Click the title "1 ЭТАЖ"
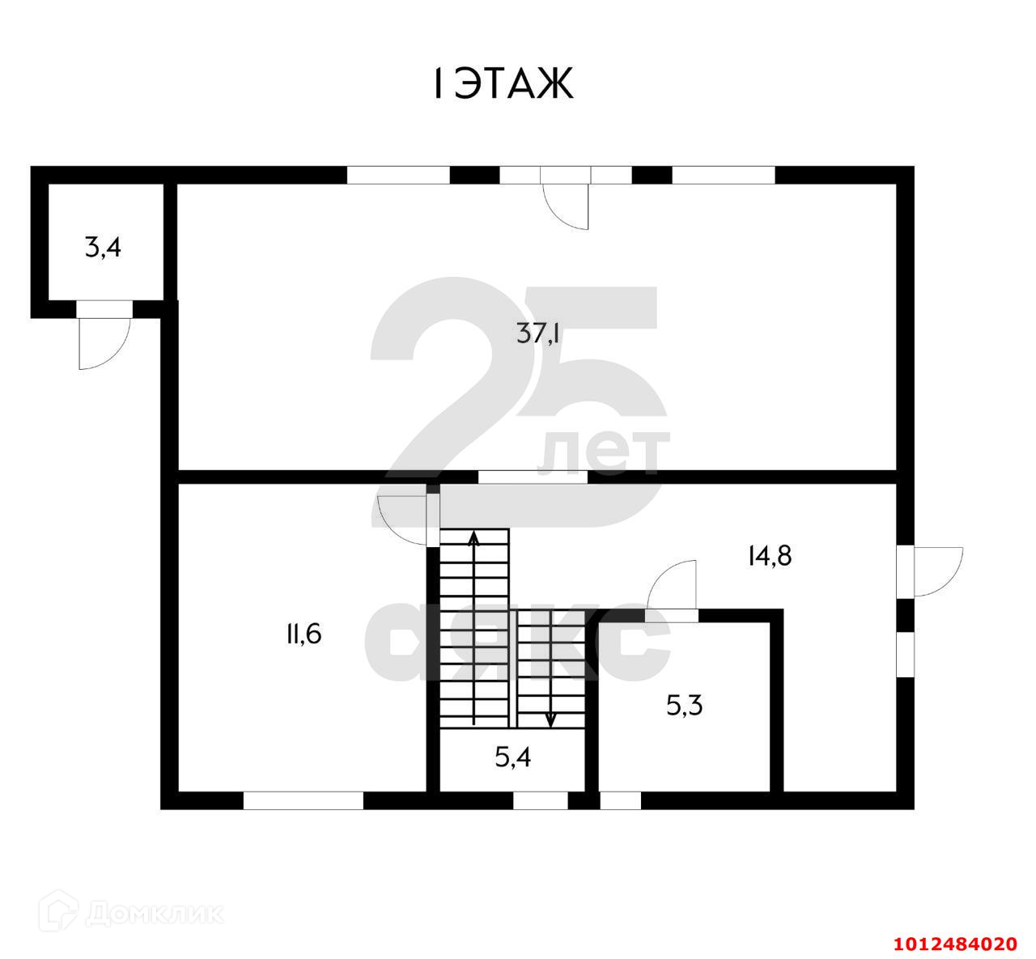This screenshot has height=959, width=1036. pos(503,83)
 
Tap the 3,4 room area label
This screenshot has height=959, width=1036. pos(103,247)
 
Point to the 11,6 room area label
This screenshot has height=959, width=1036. pos(303,634)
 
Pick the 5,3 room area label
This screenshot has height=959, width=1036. pos(684,707)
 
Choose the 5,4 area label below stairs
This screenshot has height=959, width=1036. pos(512,758)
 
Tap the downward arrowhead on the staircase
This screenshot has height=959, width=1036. pos(551,719)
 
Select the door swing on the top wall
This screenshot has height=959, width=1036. pos(567,206)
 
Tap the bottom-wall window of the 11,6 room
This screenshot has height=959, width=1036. pos(303,800)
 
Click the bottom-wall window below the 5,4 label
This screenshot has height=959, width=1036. pos(541,800)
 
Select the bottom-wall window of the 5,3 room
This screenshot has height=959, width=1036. pos(620,800)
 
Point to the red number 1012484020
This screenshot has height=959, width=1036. pos(955,944)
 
